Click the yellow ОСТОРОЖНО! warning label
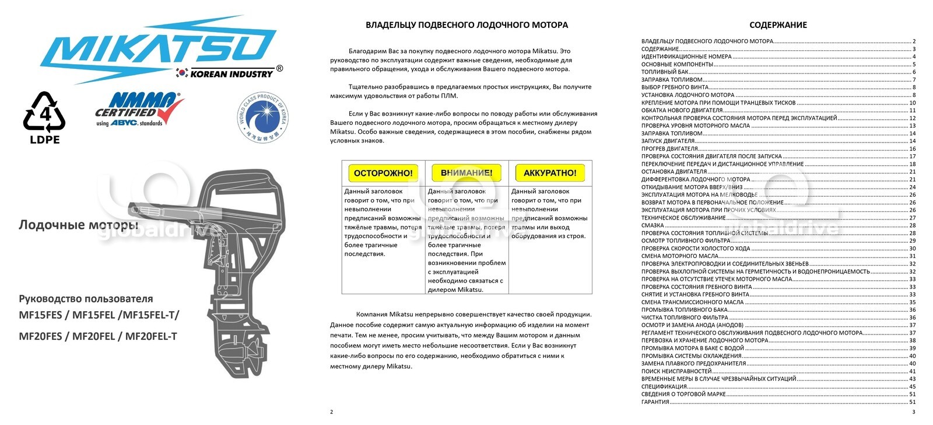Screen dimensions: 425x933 [383, 173]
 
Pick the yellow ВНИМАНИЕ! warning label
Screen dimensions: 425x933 [466, 173]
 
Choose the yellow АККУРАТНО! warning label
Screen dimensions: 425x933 [550, 173]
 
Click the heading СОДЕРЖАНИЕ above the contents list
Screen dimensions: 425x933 [778, 25]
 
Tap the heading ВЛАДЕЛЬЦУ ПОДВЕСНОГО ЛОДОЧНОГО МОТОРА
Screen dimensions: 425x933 [466, 25]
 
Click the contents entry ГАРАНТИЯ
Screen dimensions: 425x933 [655, 402]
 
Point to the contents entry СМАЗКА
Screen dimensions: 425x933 [653, 225]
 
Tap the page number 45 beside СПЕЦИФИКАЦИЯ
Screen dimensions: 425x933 [913, 386]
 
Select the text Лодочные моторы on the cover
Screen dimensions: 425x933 [78, 225]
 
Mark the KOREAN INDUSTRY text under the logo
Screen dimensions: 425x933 [232, 74]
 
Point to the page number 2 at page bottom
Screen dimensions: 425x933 [332, 412]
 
